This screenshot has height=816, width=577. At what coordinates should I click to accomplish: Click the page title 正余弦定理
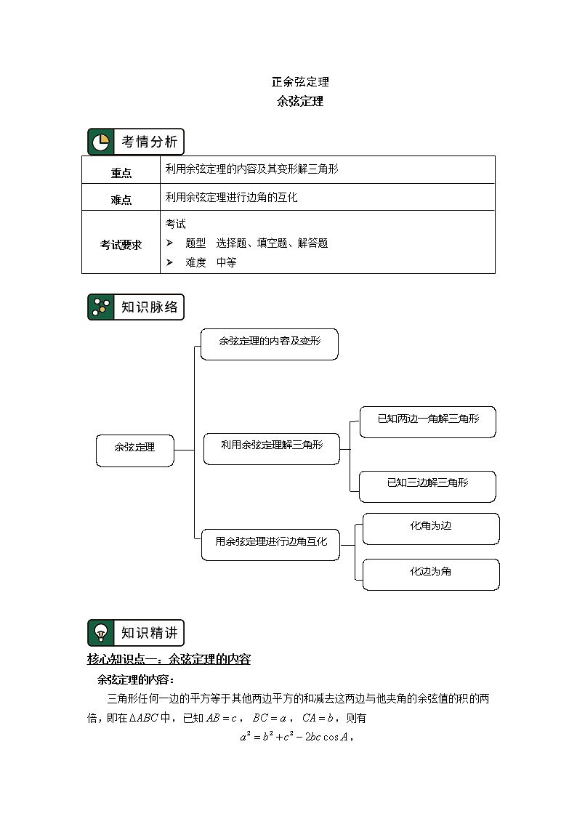click(300, 82)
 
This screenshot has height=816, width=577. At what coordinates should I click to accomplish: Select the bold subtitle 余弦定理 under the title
click(300, 102)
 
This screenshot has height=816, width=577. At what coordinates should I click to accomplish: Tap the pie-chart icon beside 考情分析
click(100, 142)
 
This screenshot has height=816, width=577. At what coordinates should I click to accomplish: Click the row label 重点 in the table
click(121, 173)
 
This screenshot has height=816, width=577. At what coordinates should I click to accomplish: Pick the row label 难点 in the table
click(121, 200)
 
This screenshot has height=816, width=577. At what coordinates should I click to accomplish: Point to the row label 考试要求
click(121, 245)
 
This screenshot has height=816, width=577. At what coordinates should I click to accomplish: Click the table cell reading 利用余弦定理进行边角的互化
click(232, 197)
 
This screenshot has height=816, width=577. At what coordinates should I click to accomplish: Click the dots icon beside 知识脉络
click(100, 307)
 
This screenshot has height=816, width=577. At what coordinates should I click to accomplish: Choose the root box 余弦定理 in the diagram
click(135, 450)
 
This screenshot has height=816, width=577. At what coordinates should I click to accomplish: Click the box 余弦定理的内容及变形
click(269, 343)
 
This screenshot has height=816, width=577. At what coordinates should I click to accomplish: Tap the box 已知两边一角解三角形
click(428, 421)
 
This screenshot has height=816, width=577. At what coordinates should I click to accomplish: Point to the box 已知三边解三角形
click(428, 485)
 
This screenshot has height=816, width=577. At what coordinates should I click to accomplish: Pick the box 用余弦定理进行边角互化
click(270, 544)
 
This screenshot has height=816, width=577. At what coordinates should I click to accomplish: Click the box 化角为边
click(430, 528)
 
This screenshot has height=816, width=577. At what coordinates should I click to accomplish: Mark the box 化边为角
click(430, 573)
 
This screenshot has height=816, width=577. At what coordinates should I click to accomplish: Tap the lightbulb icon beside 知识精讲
click(100, 633)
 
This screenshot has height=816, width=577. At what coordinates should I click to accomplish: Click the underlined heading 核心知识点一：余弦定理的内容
click(169, 660)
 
